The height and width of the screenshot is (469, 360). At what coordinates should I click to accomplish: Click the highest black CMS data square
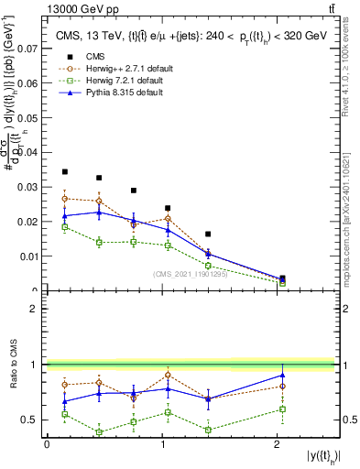[x=64, y=171]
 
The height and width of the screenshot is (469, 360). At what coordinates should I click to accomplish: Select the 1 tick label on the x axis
[x=162, y=445]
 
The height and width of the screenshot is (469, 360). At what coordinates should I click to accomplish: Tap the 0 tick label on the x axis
[x=47, y=445]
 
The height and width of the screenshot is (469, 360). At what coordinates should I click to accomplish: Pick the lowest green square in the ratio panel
[x=99, y=432]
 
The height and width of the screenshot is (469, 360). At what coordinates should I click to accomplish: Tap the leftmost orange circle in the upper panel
[x=64, y=198]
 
